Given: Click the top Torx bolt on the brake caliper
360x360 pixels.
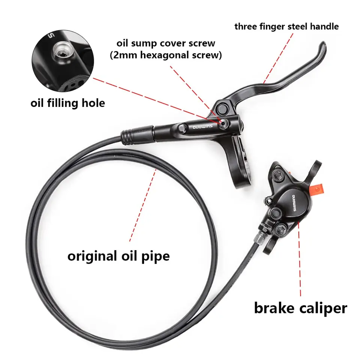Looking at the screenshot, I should click(x=280, y=174).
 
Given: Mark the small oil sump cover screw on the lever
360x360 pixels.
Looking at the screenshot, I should click(x=224, y=123).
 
